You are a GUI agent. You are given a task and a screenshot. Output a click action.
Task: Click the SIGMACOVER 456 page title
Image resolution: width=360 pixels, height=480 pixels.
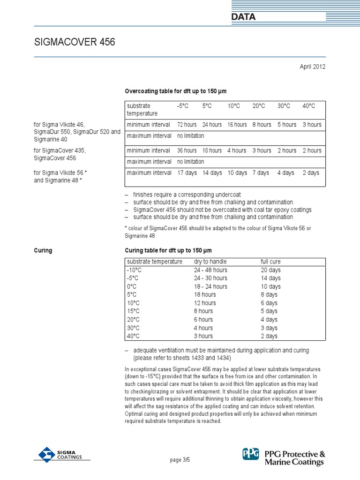pyautogui.click(x=75, y=42)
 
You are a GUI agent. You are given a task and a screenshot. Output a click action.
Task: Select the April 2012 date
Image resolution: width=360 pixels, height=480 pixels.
pyautogui.click(x=312, y=67)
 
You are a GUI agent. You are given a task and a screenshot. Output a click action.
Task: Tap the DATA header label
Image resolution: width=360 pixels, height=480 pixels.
pyautogui.click(x=243, y=17)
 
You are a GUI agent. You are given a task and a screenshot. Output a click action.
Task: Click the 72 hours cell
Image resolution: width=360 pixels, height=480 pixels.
pyautogui.click(x=187, y=125)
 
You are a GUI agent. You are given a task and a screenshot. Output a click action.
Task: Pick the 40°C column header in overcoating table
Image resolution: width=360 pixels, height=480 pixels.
pyautogui.click(x=308, y=106)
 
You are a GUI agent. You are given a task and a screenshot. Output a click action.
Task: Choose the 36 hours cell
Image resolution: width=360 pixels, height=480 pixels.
pyautogui.click(x=187, y=150)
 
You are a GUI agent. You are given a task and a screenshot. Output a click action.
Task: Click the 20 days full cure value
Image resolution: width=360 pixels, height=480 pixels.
pyautogui.click(x=270, y=270)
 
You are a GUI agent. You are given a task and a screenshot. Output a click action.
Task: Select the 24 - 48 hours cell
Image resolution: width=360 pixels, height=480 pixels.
pyautogui.click(x=210, y=270)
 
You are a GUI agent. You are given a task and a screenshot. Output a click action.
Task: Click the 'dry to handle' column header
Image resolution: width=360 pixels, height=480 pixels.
pyautogui.click(x=210, y=261)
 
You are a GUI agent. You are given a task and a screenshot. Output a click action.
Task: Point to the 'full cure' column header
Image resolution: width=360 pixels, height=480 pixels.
pyautogui.click(x=270, y=261)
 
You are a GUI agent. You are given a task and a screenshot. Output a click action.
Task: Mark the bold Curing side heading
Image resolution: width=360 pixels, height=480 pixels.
pyautogui.click(x=43, y=250)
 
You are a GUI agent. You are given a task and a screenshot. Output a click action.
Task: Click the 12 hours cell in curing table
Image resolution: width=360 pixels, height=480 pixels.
pyautogui.click(x=205, y=303)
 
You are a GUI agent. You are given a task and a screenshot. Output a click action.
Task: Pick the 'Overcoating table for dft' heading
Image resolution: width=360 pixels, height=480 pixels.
pyautogui.click(x=175, y=91)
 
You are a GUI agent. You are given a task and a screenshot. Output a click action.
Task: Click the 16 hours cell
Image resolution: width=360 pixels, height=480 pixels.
pyautogui.click(x=237, y=125)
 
